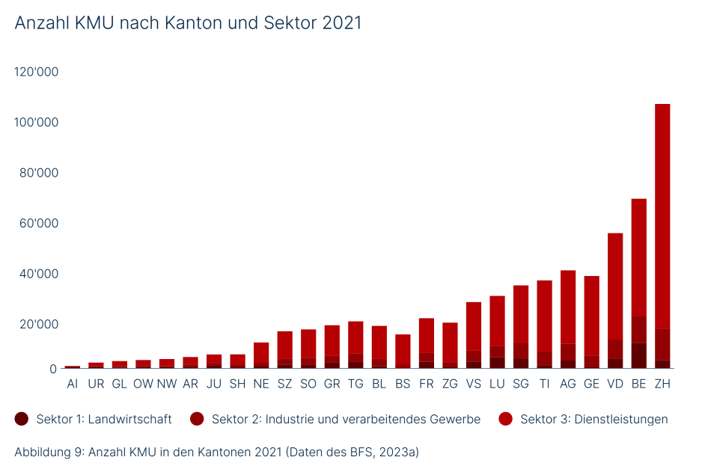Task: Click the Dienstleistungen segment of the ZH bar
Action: pyautogui.click(x=662, y=217)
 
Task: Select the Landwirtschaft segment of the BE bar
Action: pyautogui.click(x=638, y=356)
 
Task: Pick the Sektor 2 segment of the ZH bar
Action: pyautogui.click(x=662, y=345)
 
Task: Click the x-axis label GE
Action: pyautogui.click(x=591, y=384)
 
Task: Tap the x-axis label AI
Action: pyautogui.click(x=73, y=384)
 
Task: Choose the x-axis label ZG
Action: pyautogui.click(x=450, y=384)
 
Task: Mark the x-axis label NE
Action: pyautogui.click(x=261, y=384)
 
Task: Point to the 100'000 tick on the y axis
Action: pyautogui.click(x=36, y=122)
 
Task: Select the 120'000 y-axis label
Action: pyautogui.click(x=36, y=72)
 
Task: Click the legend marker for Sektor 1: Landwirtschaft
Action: pyautogui.click(x=22, y=419)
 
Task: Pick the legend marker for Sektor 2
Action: pyautogui.click(x=198, y=419)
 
